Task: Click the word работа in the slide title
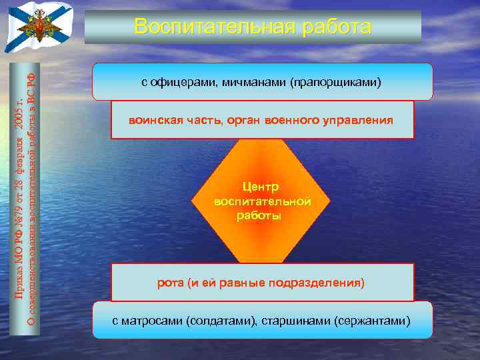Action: point(337,27)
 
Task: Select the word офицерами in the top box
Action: point(176,83)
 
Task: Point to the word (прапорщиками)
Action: point(335,83)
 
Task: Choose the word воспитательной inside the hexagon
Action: point(262,201)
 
